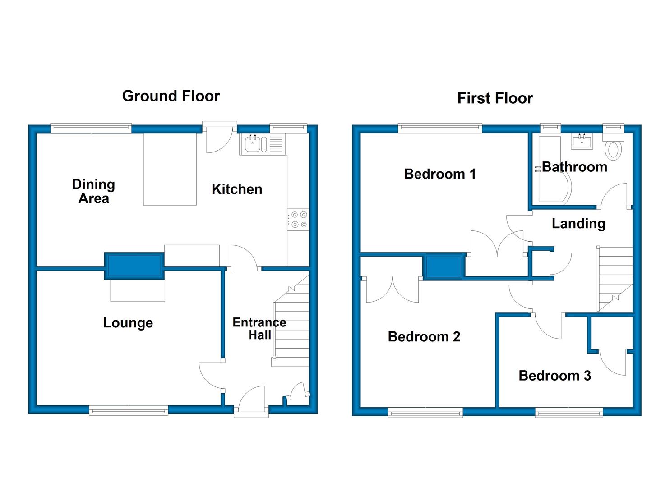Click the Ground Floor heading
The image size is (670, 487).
click(x=171, y=96)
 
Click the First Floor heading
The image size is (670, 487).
click(x=495, y=98)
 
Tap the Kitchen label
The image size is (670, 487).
click(x=237, y=189)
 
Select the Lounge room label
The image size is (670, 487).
click(x=128, y=323)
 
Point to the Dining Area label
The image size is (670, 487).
click(x=94, y=191)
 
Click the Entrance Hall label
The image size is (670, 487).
click(x=259, y=329)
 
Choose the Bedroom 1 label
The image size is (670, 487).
click(x=440, y=174)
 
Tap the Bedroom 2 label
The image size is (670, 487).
click(x=424, y=337)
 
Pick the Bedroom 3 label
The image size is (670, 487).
click(x=555, y=376)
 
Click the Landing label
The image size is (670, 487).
click(x=578, y=224)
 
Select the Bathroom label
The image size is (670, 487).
click(x=575, y=167)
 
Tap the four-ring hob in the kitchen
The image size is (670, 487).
click(x=298, y=220)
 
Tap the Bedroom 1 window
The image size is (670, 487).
click(x=440, y=129)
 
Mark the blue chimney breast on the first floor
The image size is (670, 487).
click(x=444, y=266)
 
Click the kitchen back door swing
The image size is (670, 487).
click(x=219, y=139)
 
